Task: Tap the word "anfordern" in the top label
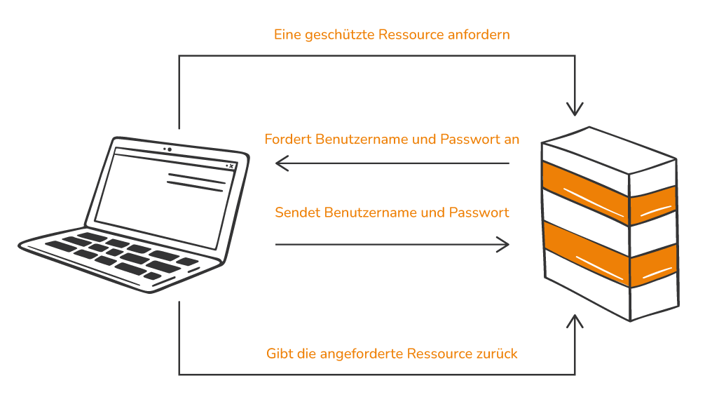click(x=479, y=34)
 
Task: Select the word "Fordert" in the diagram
click(x=288, y=139)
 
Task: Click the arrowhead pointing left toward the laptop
click(x=282, y=163)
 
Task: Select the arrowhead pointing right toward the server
click(x=502, y=245)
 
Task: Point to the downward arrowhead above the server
click(x=575, y=109)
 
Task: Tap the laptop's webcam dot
click(x=170, y=149)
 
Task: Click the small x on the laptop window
click(x=231, y=166)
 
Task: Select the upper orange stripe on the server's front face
click(x=585, y=193)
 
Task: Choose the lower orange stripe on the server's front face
click(x=587, y=254)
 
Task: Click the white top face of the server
click(x=609, y=150)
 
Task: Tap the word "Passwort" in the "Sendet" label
click(x=479, y=213)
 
